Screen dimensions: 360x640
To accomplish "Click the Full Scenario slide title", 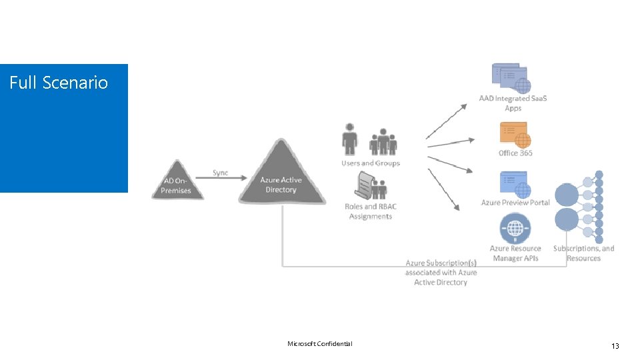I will [59, 83].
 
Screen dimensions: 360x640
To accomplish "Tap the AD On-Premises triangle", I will [176, 182].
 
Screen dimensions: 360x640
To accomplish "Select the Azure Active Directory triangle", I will [281, 177].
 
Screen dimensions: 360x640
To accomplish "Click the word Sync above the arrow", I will [220, 173].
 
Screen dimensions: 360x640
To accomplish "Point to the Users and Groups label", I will [371, 163].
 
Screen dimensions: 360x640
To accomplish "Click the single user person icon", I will [349, 139].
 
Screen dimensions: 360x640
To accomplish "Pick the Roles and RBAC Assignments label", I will [371, 211].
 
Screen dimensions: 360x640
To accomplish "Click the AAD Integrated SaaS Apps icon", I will [511, 78].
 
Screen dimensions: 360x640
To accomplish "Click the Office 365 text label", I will [515, 153].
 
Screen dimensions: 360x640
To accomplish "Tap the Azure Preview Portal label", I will [515, 203].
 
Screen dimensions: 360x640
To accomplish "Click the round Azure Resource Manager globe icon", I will [515, 229].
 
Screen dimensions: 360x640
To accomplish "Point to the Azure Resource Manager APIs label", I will [515, 253].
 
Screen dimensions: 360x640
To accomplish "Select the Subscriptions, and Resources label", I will [583, 253].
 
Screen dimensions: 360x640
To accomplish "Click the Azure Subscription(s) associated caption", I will [441, 273].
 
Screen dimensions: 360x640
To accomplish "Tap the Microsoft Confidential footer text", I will [319, 344].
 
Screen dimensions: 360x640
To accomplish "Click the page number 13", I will [615, 345].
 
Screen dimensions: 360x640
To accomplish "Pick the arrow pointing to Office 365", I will [451, 143].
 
